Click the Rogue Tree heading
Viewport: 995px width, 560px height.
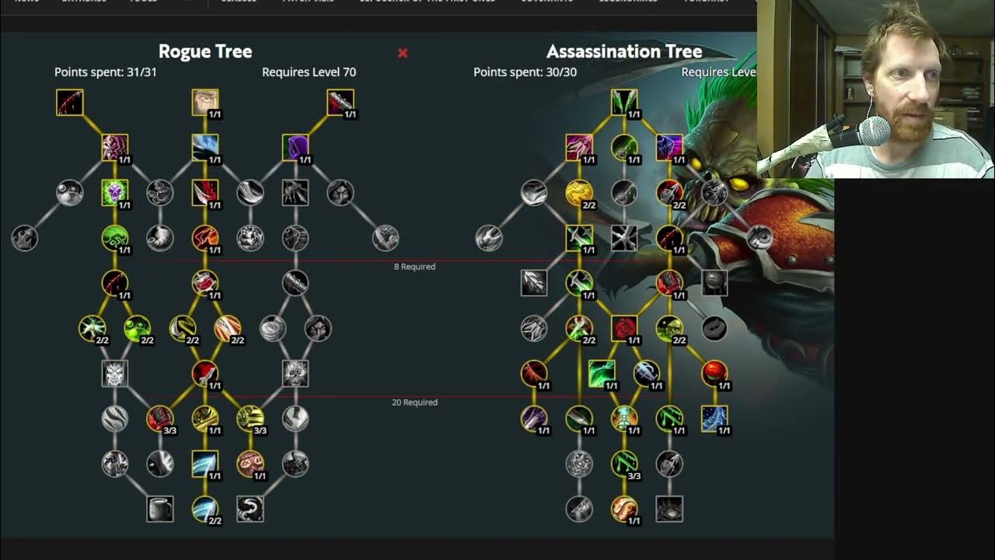point(205,51)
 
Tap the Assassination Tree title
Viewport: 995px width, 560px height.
point(624,51)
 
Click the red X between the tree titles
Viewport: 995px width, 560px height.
point(403,53)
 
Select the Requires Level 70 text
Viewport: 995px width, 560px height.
point(309,72)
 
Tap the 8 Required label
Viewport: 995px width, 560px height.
point(414,267)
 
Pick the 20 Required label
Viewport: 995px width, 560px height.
point(414,402)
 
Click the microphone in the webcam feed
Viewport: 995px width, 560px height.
point(873,131)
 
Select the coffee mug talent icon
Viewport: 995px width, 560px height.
point(160,509)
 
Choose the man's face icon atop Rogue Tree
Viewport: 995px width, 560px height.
point(205,102)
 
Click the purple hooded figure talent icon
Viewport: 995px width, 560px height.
point(295,147)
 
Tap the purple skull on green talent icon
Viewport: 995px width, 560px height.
point(115,192)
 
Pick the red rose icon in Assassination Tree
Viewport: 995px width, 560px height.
point(624,328)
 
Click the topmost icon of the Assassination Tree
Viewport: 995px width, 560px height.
point(624,102)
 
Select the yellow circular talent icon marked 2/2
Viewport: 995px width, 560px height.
point(579,192)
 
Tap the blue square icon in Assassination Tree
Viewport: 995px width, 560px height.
point(714,418)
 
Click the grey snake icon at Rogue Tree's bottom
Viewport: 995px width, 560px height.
point(250,509)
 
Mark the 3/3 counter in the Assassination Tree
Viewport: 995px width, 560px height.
point(634,476)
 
